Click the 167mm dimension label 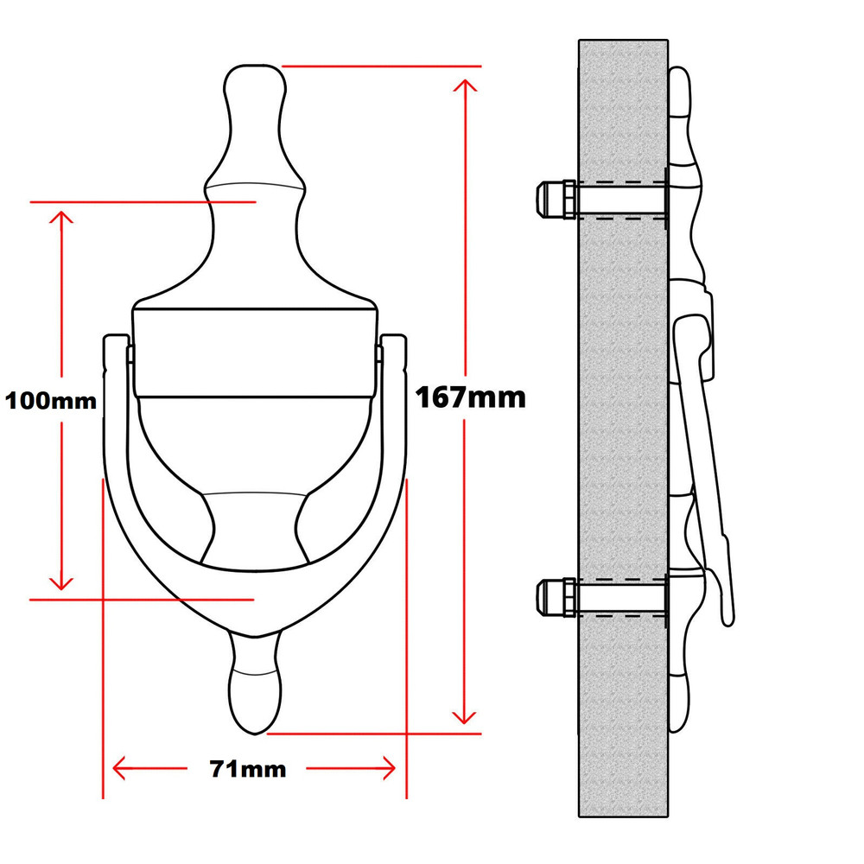tap(471, 397)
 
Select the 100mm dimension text tap(51, 401)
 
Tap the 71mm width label tap(248, 768)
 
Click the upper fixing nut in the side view tap(556, 199)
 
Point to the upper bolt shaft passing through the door tap(622, 199)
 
